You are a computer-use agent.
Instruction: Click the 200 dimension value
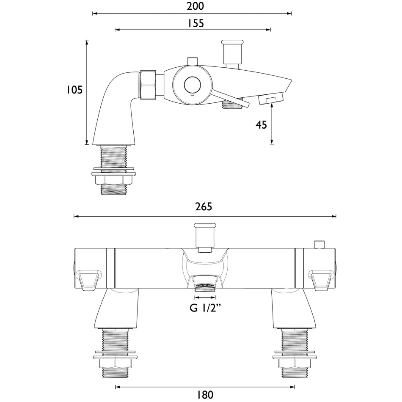click(195, 6)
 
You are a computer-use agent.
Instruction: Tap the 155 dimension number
click(195, 23)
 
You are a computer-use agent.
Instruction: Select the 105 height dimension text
click(74, 90)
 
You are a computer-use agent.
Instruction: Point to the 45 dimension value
click(261, 125)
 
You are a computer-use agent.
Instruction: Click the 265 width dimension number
click(204, 207)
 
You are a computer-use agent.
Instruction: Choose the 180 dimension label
click(205, 394)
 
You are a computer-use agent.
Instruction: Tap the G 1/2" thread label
click(205, 308)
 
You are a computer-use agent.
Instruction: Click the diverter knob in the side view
click(232, 54)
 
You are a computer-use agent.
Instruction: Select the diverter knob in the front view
click(205, 237)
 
